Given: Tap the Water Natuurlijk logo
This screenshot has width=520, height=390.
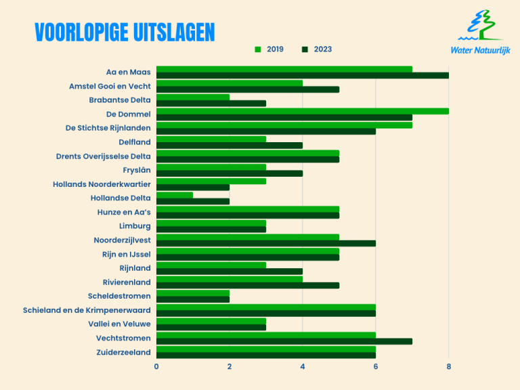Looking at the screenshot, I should (x=480, y=32).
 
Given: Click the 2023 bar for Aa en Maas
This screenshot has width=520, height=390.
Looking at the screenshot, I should (x=302, y=75).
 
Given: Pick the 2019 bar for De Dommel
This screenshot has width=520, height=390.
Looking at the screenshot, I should (x=302, y=111).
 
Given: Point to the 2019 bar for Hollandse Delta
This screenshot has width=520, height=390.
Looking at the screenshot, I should (x=175, y=195).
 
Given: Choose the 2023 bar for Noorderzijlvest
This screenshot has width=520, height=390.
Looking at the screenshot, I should (x=265, y=243).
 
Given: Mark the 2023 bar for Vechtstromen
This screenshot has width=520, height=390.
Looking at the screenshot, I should (x=284, y=341).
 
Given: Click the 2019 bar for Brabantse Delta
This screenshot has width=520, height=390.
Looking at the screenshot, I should (x=193, y=97).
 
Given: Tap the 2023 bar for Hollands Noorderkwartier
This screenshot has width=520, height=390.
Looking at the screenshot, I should (x=193, y=188).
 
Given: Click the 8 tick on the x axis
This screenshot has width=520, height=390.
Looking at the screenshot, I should (x=448, y=366).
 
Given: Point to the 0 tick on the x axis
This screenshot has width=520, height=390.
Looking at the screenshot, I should (x=156, y=366).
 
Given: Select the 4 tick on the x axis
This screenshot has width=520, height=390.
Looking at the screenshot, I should (x=303, y=366).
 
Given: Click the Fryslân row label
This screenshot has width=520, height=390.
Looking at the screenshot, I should (x=137, y=170).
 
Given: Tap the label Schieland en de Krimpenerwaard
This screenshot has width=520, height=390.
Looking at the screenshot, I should (x=87, y=309).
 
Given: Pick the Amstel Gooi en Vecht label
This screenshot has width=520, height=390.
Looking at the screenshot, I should (x=110, y=86).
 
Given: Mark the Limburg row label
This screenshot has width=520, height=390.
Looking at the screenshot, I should (x=135, y=225).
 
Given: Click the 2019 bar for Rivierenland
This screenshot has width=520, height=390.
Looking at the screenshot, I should (x=230, y=278).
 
